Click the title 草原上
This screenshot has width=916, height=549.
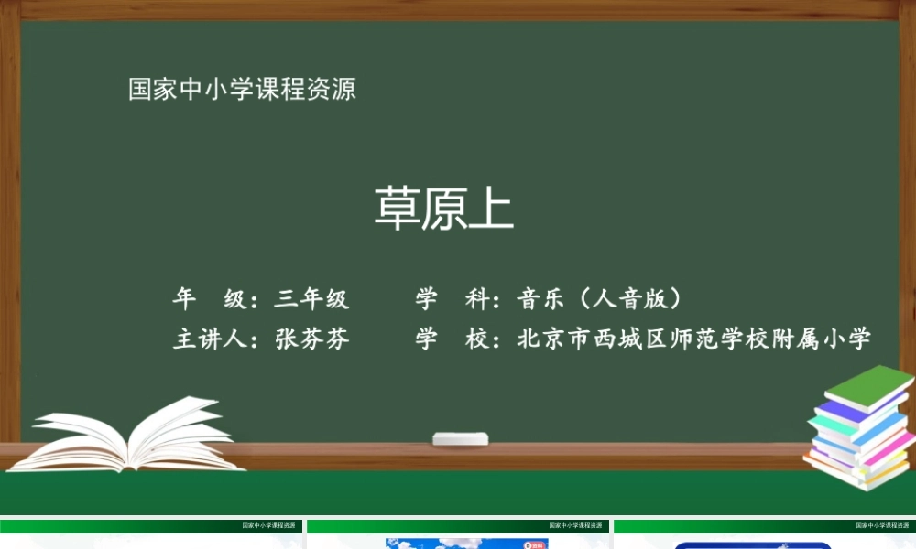coord(444,210)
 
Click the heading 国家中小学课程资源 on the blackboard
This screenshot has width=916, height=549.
coord(242,90)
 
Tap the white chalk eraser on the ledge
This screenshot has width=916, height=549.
coord(460,438)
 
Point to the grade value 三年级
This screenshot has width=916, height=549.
coord(311,299)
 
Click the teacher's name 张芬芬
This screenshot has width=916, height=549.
coord(312,339)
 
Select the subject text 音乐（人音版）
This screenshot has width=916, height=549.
coord(602,299)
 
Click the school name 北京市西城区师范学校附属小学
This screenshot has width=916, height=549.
coord(693,339)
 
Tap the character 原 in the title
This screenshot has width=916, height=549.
coord(444,210)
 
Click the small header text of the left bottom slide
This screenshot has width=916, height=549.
coord(272,526)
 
